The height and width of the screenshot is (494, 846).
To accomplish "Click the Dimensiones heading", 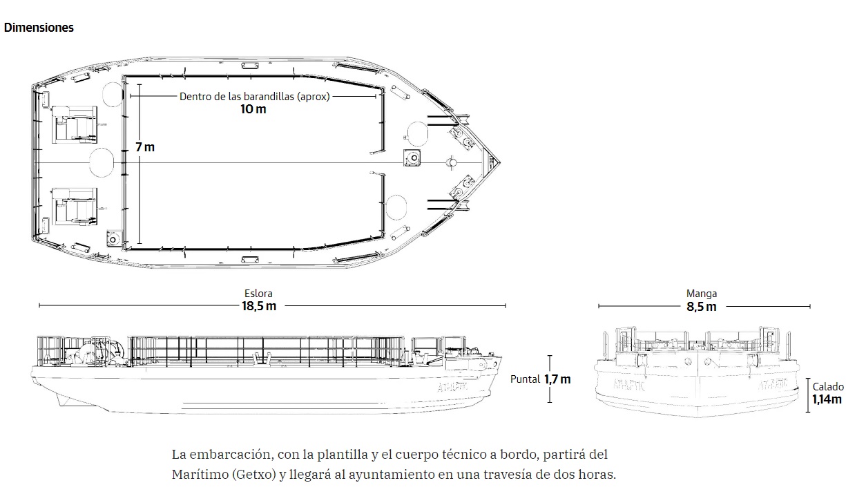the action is [39, 28].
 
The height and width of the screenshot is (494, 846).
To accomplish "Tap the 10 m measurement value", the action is [253, 109].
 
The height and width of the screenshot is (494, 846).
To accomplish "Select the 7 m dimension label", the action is [145, 147].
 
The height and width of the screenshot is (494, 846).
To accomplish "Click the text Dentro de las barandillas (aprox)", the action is [255, 97].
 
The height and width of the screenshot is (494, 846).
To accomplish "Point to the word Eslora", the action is [258, 294].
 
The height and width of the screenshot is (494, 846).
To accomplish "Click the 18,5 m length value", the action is [259, 306].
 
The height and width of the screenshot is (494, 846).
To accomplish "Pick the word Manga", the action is [702, 294].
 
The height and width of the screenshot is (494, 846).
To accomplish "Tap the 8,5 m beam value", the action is [702, 307].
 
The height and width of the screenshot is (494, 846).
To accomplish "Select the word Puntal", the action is [525, 379].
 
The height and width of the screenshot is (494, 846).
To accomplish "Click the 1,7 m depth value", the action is [557, 379].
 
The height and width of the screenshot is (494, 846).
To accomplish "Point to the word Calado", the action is [828, 387].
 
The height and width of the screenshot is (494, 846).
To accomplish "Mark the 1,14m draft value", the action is [827, 399].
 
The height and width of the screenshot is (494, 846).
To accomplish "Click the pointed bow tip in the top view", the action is [500, 163].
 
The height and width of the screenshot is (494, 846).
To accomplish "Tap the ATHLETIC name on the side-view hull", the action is [452, 387].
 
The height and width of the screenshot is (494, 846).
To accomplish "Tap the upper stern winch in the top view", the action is [75, 125].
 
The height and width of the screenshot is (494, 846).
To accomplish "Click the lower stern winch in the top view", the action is [75, 207].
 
